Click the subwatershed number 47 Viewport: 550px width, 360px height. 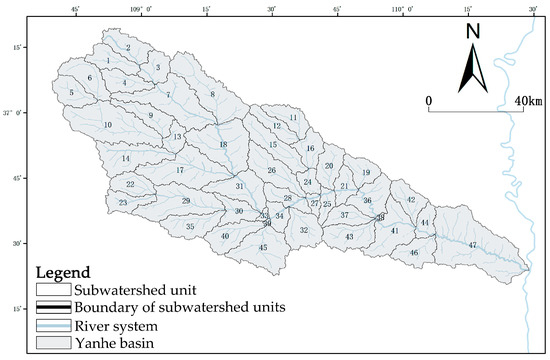[472, 245]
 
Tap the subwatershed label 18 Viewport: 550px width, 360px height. [223, 145]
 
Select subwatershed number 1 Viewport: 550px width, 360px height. [107, 62]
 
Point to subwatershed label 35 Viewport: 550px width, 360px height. [190, 227]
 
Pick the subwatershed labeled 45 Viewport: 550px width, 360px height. [263, 247]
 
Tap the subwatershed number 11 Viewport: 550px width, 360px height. [293, 117]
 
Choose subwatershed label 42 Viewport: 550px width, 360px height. [411, 200]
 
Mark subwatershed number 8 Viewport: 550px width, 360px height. [212, 94]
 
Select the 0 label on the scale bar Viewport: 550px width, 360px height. [428, 102]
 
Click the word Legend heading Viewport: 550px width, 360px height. [64, 272]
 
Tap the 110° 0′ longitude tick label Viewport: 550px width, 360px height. [402, 9]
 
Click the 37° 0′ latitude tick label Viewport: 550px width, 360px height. [13, 114]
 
